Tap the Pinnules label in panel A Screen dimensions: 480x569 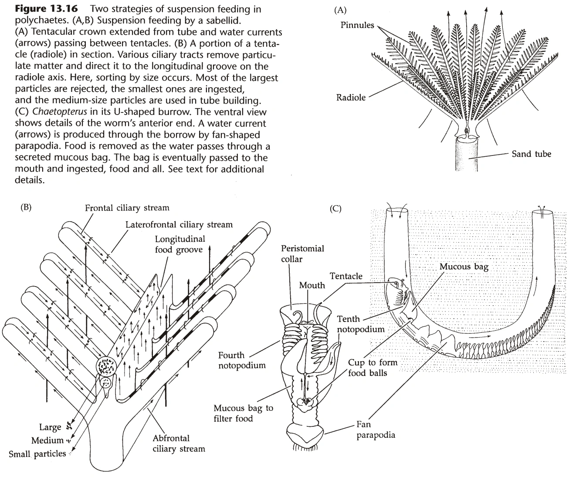[x=357, y=25]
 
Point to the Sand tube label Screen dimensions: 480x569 [x=531, y=154]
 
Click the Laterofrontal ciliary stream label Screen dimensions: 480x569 [x=179, y=225]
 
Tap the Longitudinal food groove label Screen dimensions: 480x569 [x=180, y=245]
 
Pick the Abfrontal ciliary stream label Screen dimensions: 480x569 [x=171, y=443]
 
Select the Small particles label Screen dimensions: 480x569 [x=37, y=454]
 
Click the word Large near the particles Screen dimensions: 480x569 [x=50, y=427]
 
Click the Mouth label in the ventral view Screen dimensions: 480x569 [x=312, y=285]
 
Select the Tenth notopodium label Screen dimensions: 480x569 [x=361, y=325]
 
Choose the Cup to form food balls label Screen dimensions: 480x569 [x=373, y=368]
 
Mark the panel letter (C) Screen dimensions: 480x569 [x=335, y=209]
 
